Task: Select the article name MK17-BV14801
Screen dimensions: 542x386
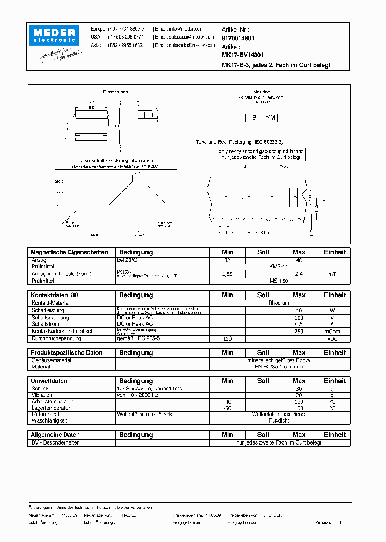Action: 242,55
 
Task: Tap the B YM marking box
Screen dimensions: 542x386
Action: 262,118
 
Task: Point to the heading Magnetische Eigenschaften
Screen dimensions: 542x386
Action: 69,252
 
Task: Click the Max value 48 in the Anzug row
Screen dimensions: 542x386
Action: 299,260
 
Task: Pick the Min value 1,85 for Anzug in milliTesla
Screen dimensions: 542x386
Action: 227,274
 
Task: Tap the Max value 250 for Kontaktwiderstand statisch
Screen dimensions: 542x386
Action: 299,332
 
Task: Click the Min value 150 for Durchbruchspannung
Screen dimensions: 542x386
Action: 227,338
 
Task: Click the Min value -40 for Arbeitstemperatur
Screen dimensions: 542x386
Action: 227,401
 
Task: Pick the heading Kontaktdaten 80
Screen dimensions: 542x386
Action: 54,295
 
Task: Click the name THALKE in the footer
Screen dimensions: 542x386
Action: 127,515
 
